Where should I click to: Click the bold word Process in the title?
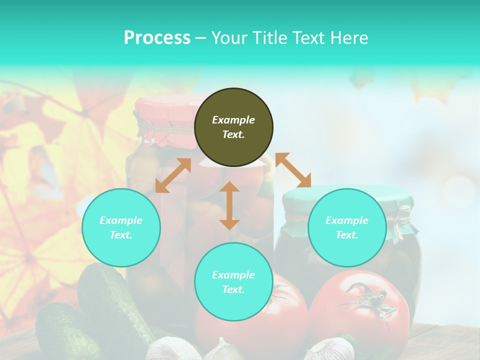(157, 38)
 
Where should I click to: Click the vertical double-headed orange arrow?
(229, 205)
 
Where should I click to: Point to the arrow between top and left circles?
(173, 175)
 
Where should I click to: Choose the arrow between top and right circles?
(293, 170)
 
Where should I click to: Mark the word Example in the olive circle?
(233, 120)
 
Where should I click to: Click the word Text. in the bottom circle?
(233, 289)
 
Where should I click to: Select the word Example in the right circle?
(347, 220)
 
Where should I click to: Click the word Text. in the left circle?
(121, 235)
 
